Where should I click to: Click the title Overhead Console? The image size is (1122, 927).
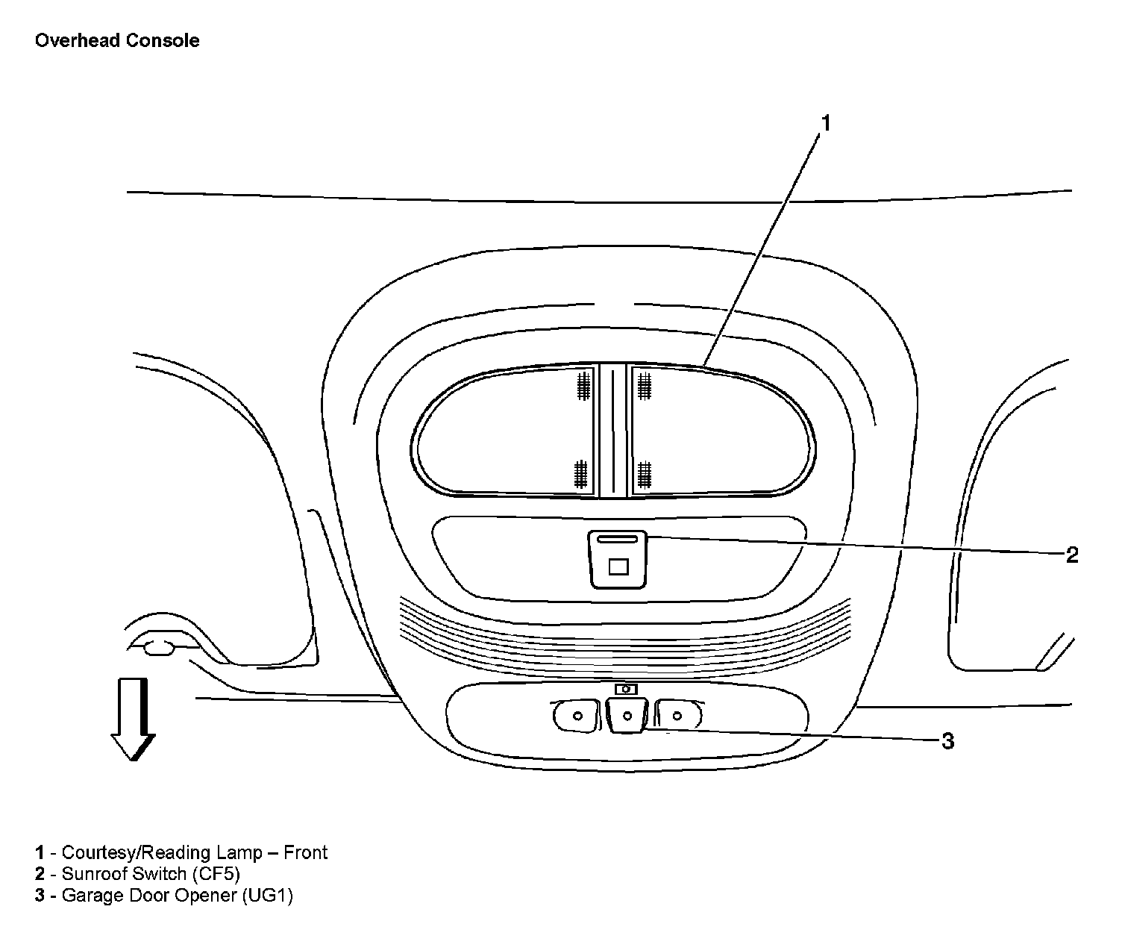[117, 40]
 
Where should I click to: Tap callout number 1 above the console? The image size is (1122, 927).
[825, 123]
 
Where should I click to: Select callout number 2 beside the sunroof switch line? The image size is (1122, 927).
[1072, 555]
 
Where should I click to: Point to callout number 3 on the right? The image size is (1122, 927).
[947, 741]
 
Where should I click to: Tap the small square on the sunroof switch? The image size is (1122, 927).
[618, 567]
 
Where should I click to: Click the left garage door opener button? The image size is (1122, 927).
[576, 716]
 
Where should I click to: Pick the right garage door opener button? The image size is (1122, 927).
[677, 716]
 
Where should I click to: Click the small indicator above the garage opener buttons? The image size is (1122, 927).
[626, 689]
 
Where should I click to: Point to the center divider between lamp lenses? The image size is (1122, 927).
[612, 431]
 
